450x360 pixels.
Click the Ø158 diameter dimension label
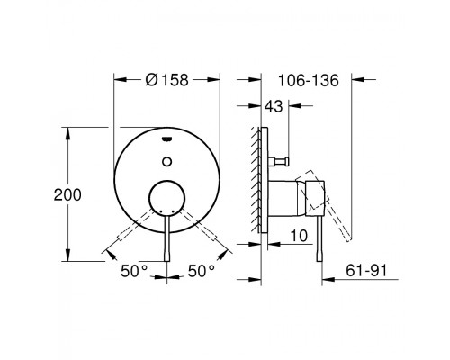click(x=166, y=80)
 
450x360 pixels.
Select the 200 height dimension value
click(x=67, y=195)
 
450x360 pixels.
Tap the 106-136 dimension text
click(x=309, y=80)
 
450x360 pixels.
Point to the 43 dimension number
click(x=274, y=106)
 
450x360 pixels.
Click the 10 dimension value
click(x=299, y=236)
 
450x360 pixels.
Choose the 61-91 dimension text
click(x=366, y=271)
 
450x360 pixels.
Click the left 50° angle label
click(x=134, y=272)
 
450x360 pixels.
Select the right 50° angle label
click(x=202, y=272)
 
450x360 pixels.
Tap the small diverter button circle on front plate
click(x=166, y=162)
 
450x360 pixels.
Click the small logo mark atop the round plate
click(x=166, y=139)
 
